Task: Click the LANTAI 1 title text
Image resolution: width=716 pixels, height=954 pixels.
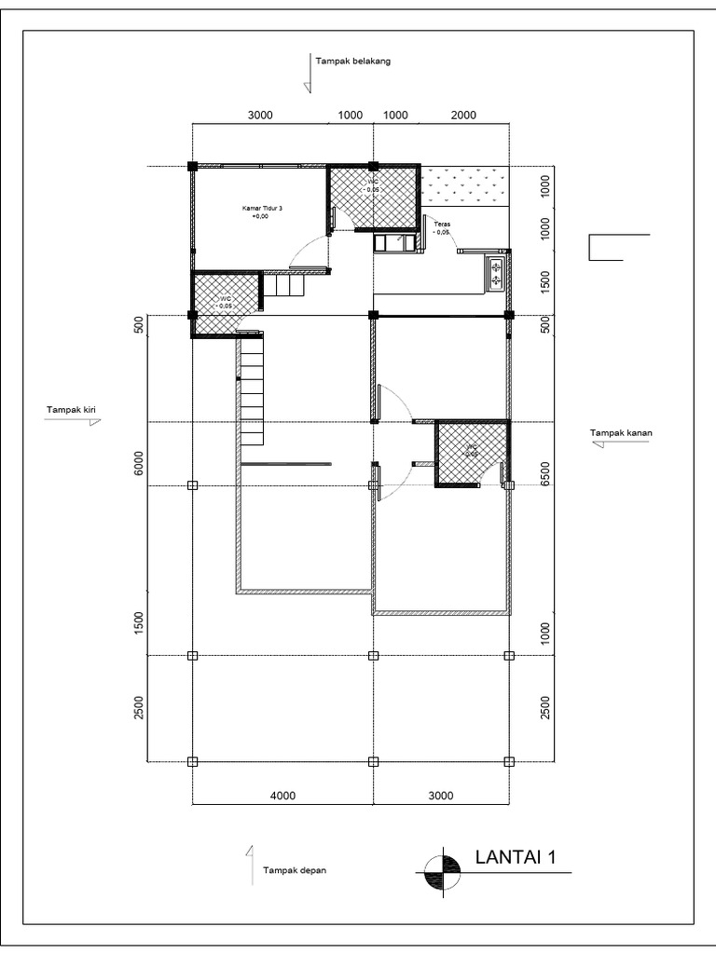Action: (516, 857)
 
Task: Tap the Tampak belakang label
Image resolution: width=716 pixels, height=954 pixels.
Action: (352, 61)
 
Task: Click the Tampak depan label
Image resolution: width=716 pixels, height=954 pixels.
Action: (295, 871)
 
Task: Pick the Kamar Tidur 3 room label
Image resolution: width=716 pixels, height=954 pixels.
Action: (262, 211)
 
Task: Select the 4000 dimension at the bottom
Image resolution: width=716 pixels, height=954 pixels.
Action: (282, 796)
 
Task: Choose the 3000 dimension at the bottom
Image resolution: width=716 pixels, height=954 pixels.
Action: (441, 796)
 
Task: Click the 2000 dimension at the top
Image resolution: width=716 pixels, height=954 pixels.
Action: (462, 116)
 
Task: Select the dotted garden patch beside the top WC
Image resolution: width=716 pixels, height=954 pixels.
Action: (463, 187)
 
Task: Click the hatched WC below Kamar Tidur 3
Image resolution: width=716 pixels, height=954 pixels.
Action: (226, 303)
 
